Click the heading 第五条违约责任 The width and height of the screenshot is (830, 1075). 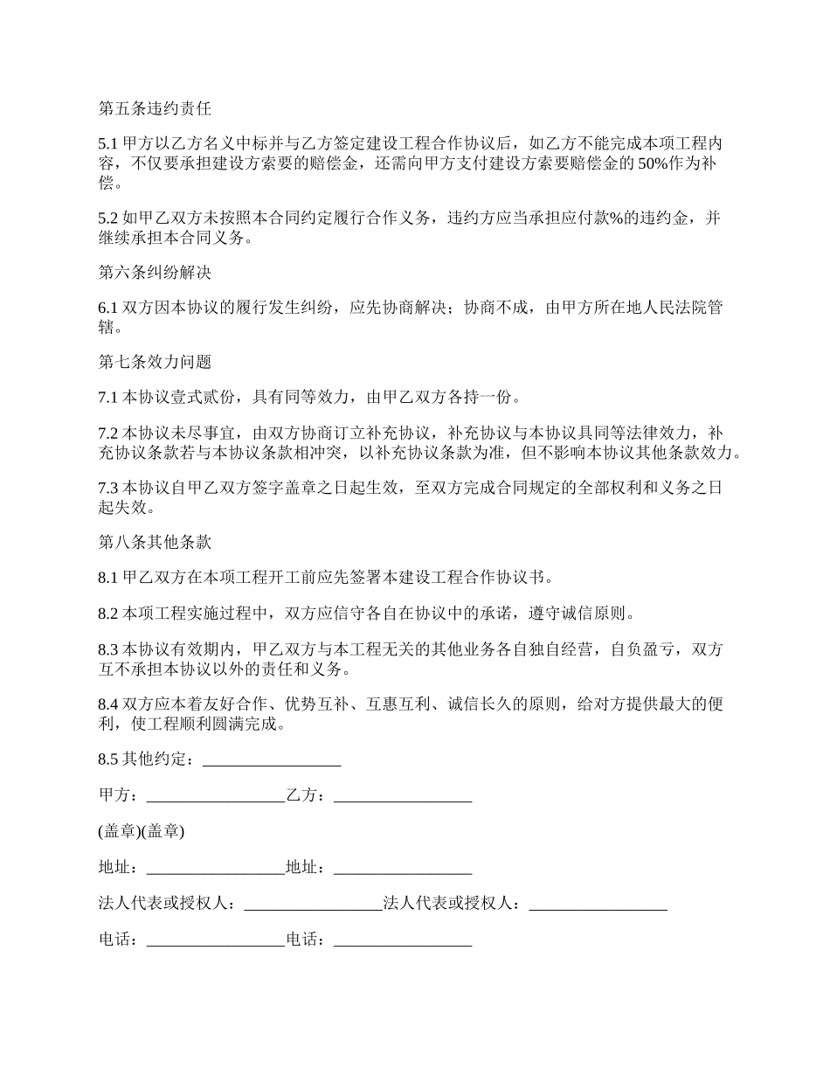(155, 109)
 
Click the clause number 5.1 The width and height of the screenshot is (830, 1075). (107, 143)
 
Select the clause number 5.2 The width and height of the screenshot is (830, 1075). (107, 218)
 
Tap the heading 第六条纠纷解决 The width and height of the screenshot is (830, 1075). (155, 273)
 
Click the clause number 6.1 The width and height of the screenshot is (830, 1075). (107, 307)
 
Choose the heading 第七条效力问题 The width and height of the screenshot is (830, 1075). (155, 362)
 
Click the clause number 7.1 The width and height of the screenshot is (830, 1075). (107, 398)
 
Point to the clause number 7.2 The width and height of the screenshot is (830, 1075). (107, 433)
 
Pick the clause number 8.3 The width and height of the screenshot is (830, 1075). (107, 649)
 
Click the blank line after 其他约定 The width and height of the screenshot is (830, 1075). (271, 759)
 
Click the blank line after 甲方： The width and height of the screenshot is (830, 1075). (215, 795)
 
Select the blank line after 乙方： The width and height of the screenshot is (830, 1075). (403, 795)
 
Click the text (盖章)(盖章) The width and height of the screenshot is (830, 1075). (141, 831)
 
